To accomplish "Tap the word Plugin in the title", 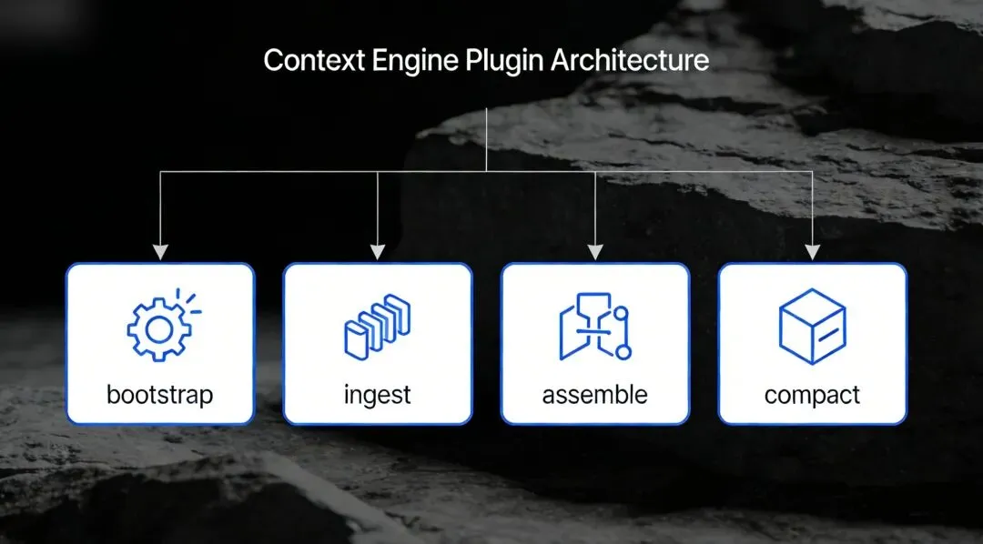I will click(506, 61).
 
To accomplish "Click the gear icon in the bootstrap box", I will click(157, 328).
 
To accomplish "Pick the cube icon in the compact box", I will click(812, 326).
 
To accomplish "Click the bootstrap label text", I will click(159, 395).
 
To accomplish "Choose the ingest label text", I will click(378, 395).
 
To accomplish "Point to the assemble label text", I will click(594, 395).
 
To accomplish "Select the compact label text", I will click(812, 395).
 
